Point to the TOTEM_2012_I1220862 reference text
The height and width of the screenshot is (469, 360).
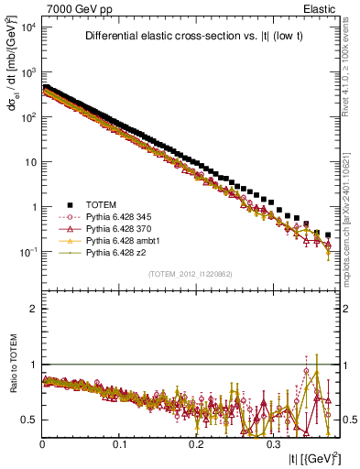point(191,274)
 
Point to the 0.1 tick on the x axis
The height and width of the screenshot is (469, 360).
point(119,441)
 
